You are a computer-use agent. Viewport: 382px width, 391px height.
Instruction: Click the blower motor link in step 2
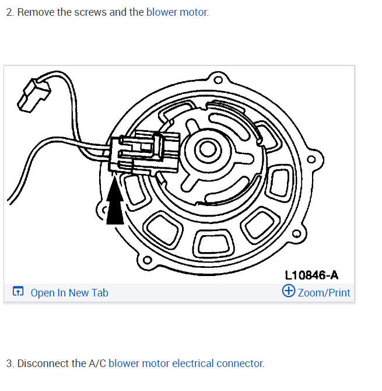[177, 12]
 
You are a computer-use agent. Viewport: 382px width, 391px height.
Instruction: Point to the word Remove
[36, 12]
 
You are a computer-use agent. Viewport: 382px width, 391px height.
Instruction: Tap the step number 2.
[9, 12]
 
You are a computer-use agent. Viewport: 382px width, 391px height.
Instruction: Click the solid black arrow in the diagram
[115, 201]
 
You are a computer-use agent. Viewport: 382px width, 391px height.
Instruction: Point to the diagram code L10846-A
[311, 275]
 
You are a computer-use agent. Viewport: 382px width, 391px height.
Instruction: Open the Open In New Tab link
[69, 292]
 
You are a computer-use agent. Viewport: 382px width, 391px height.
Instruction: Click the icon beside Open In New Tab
[18, 292]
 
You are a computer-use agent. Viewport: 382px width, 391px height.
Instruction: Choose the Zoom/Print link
[324, 292]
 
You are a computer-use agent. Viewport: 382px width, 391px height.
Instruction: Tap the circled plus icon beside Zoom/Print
[288, 291]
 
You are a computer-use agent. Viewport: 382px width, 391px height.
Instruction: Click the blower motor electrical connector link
[186, 363]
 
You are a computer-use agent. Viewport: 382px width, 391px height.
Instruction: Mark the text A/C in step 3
[97, 363]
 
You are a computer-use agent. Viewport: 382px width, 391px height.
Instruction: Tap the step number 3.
[9, 363]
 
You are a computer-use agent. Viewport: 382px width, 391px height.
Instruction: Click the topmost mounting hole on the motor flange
[218, 80]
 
